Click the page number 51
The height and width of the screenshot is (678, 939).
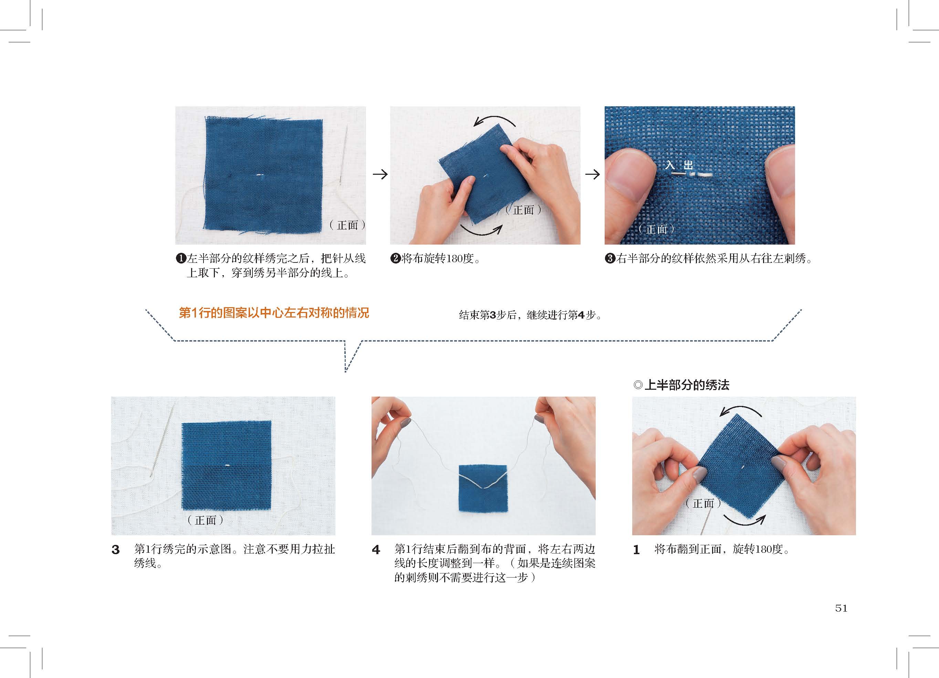coord(841,608)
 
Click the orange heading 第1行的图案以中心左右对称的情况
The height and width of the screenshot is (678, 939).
coord(274,313)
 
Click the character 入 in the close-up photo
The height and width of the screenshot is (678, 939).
coord(670,165)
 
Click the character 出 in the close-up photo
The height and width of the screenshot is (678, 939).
coord(688,165)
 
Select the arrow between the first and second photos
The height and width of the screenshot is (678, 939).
coord(380,174)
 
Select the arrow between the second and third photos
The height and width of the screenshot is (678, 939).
coord(593,174)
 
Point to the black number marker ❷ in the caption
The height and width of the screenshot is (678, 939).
coord(395,259)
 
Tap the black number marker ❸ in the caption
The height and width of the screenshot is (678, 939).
coord(610,259)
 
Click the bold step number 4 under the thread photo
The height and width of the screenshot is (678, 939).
coord(376,550)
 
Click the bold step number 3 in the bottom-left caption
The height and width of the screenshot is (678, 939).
coord(115,550)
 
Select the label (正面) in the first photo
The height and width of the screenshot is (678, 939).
coord(347,225)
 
